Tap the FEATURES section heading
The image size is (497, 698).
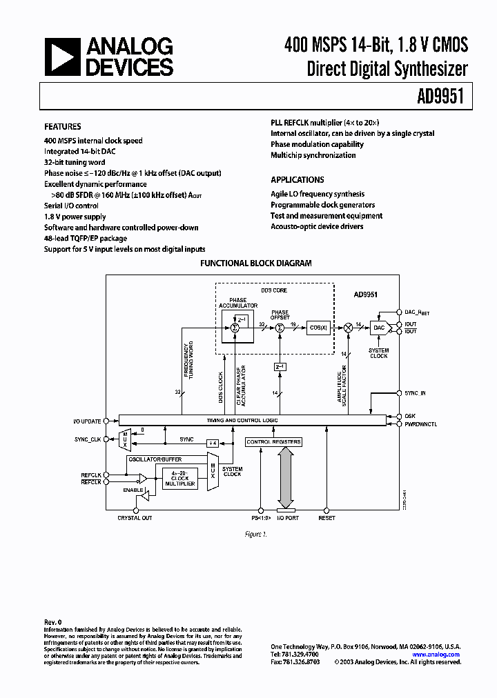pyautogui.click(x=63, y=127)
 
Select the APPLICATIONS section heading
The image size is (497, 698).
pyautogui.click(x=298, y=179)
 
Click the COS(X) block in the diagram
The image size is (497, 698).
pyautogui.click(x=318, y=328)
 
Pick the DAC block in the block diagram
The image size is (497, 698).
pyautogui.click(x=379, y=328)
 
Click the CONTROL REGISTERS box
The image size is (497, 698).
pyautogui.click(x=274, y=441)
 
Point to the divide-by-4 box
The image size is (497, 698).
pyautogui.click(x=213, y=442)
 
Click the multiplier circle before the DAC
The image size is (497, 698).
pyautogui.click(x=348, y=328)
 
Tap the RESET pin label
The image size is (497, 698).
pyautogui.click(x=327, y=517)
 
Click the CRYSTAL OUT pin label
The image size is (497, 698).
pyautogui.click(x=135, y=517)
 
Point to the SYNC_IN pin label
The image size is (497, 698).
pyautogui.click(x=415, y=393)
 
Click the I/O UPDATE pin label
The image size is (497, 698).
pyautogui.click(x=87, y=421)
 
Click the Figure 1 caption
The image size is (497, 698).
pyautogui.click(x=255, y=534)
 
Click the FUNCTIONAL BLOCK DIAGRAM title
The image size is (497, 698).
pyautogui.click(x=255, y=263)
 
